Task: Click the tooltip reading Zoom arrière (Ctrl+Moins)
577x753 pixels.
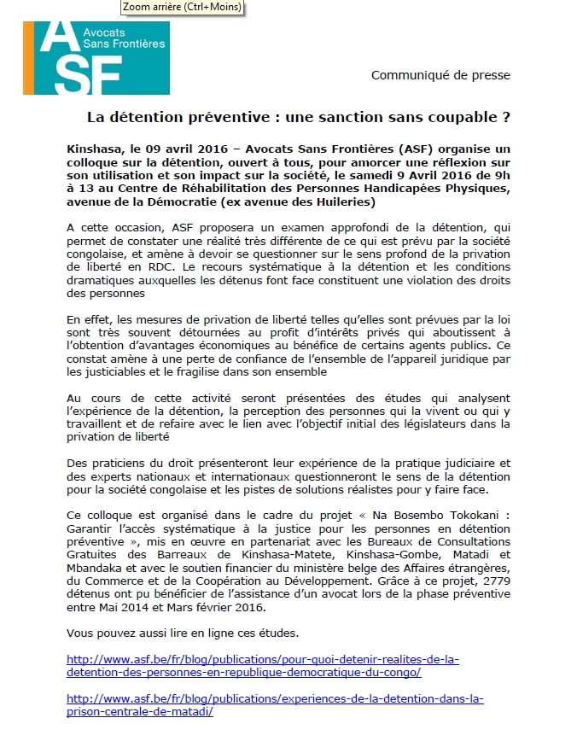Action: pyautogui.click(x=181, y=7)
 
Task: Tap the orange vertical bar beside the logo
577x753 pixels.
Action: pyautogui.click(x=28, y=57)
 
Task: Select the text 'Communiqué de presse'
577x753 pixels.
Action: pyautogui.click(x=440, y=75)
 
